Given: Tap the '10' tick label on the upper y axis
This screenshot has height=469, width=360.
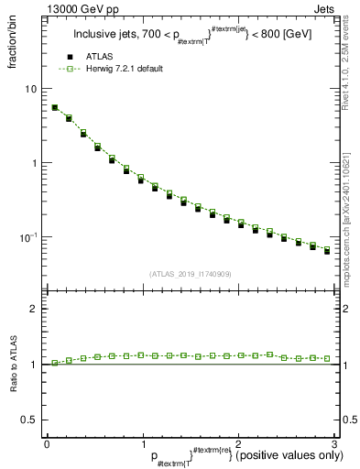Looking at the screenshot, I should coord(32,89).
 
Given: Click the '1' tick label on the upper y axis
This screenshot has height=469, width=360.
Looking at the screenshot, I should coord(36,163).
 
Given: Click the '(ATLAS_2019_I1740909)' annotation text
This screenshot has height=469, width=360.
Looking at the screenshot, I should coord(190,274).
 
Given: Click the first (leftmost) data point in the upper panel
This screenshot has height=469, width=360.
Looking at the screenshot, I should coord(54,107).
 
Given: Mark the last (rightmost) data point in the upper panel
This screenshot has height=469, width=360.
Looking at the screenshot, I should coord(327,250).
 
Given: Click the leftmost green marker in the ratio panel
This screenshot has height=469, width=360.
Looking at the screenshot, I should coord(54,363).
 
